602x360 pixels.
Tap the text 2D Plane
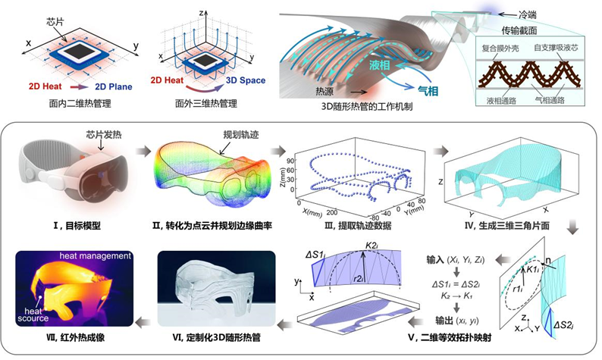click(111, 87)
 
